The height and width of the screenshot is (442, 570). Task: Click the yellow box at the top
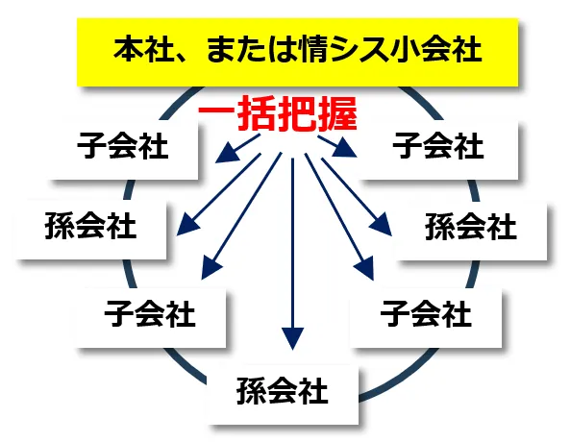(x=297, y=52)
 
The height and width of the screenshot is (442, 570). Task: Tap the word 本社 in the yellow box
(x=142, y=49)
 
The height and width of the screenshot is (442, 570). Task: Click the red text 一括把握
(x=278, y=113)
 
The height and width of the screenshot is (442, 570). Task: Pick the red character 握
(x=337, y=113)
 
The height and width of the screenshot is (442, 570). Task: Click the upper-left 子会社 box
(x=123, y=150)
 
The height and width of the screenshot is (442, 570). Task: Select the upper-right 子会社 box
(x=437, y=150)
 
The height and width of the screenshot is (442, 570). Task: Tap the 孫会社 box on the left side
(x=91, y=229)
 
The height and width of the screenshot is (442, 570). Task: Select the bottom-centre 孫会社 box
(x=283, y=395)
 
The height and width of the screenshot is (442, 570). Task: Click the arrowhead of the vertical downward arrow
(x=292, y=338)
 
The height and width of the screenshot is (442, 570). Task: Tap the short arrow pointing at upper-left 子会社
(x=237, y=148)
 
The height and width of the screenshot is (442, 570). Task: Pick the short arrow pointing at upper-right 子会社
(x=337, y=146)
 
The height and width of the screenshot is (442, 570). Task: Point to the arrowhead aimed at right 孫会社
(x=382, y=226)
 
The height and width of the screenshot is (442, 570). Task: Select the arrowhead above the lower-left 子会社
(x=211, y=268)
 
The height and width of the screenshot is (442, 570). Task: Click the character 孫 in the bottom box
(x=252, y=391)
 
